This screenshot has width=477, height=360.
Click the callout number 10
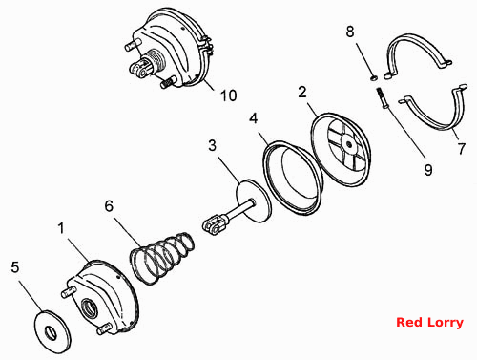[229, 95]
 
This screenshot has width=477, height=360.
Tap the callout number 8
[350, 32]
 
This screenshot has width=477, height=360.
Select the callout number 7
[462, 148]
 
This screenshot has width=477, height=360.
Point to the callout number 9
[428, 170]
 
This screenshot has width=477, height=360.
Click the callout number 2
[302, 92]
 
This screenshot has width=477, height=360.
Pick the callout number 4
[254, 118]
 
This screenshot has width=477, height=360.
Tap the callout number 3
[213, 145]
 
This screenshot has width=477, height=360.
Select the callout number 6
[109, 206]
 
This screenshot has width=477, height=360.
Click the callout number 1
[61, 228]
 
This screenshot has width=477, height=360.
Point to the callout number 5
[15, 267]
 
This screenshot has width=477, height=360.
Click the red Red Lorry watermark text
[429, 322]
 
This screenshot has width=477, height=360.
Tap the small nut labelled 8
[374, 77]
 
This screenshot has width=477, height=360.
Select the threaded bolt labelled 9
[382, 98]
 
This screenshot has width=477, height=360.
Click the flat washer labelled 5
[52, 331]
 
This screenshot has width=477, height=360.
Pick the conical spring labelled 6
[162, 258]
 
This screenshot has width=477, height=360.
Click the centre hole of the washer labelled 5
[51, 332]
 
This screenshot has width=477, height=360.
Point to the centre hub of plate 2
[349, 145]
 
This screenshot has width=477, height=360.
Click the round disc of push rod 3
[254, 201]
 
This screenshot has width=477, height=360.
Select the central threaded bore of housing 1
[90, 307]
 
